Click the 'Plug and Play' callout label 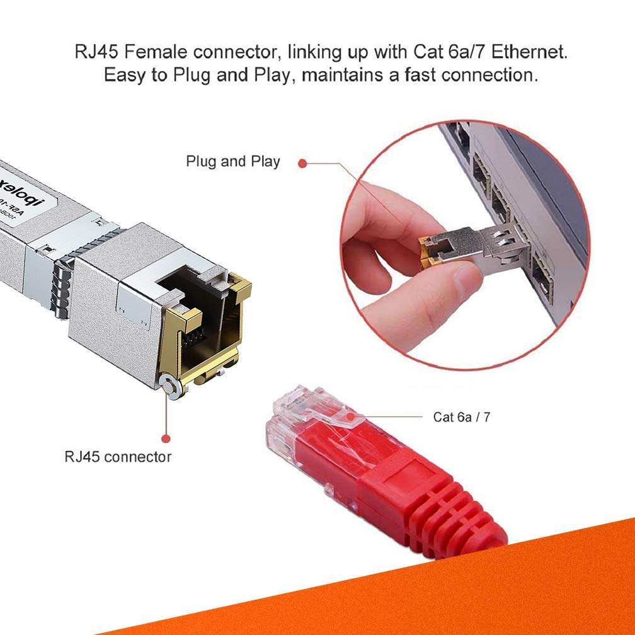pyautogui.click(x=232, y=161)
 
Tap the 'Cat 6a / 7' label pyautogui.click(x=461, y=417)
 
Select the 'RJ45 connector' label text pyautogui.click(x=118, y=456)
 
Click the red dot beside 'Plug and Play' pyautogui.click(x=302, y=163)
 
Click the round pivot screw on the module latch pyautogui.click(x=169, y=385)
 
